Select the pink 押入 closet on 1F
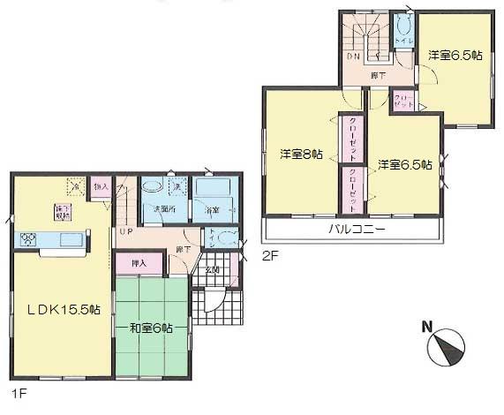click(x=139, y=262)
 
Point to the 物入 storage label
click(x=102, y=187)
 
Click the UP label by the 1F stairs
click(x=125, y=231)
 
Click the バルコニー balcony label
click(x=355, y=229)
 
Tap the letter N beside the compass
click(x=426, y=328)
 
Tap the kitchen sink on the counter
click(x=67, y=239)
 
